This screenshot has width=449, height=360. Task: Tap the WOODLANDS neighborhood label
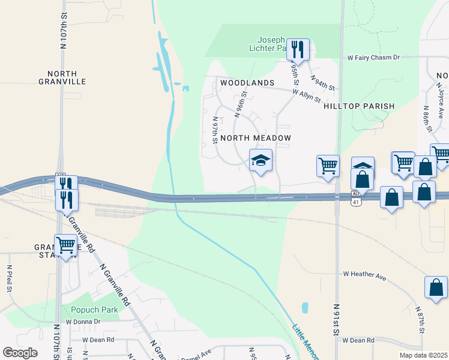247,83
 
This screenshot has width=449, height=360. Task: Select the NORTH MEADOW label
256,138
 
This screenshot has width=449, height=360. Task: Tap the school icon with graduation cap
261,161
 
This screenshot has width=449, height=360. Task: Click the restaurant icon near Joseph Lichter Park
297,49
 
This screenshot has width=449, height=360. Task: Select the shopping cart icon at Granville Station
65,245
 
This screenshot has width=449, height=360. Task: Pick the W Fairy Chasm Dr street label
373,58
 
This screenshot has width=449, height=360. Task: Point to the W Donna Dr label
83,322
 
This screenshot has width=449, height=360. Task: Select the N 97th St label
215,130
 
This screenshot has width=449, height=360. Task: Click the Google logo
20,352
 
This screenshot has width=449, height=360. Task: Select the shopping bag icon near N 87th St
435,287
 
